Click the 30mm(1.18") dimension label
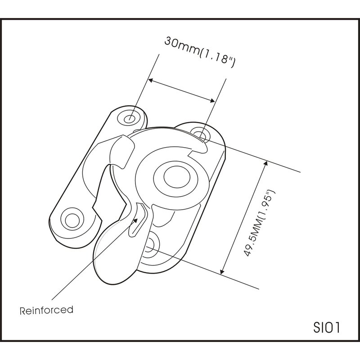[200, 52]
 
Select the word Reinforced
[47, 310]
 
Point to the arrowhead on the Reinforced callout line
[135, 220]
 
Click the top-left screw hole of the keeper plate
[129, 119]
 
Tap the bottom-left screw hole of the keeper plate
[72, 220]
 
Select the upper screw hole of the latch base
[200, 134]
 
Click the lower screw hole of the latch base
[150, 244]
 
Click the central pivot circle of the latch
[177, 177]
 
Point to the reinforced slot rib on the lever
[138, 219]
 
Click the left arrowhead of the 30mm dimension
[150, 81]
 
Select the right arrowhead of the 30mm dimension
[212, 100]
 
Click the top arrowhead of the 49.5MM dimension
[265, 163]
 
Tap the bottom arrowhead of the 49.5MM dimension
[222, 272]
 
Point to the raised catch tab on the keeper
[121, 152]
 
